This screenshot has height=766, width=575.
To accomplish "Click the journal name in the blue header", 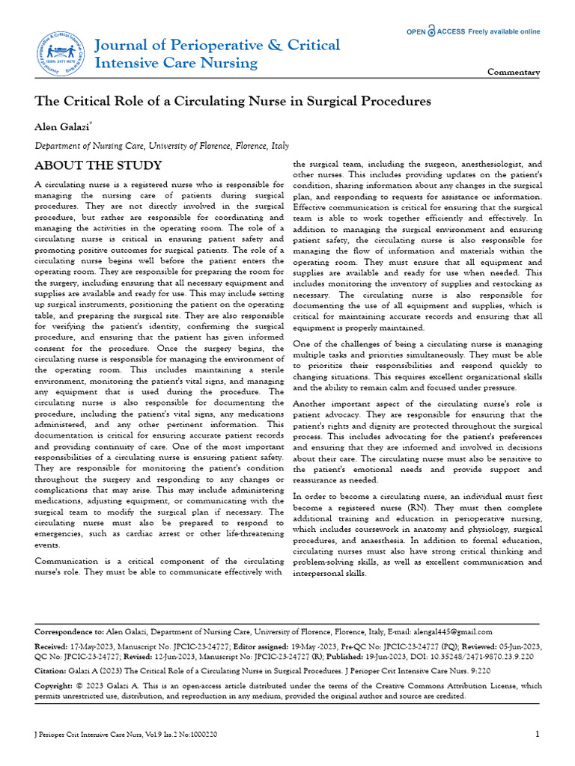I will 217,53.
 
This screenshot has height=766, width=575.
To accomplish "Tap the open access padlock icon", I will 431,31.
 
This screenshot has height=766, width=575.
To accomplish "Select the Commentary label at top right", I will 514,73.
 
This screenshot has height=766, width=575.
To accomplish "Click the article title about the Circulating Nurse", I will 233,100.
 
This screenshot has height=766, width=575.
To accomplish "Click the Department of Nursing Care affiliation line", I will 162,147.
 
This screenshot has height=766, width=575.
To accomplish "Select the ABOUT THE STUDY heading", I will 98,165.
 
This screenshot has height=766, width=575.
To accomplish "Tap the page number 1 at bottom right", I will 537,734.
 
